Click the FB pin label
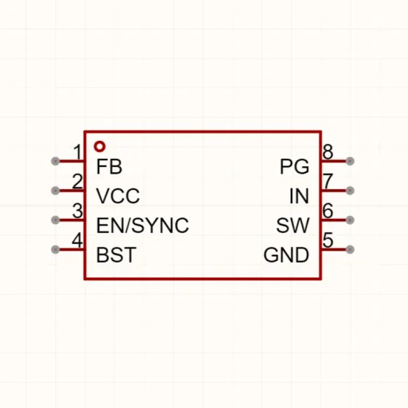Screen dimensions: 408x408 [109, 166]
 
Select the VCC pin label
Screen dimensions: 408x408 [118, 196]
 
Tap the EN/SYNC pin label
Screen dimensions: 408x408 [142, 226]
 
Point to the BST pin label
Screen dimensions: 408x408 [116, 254]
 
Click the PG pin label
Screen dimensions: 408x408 [295, 166]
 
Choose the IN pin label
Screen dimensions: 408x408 [299, 196]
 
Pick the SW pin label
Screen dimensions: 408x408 [293, 226]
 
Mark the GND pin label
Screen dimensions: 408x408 [286, 254]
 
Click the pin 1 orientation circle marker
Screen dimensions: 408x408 [99, 146]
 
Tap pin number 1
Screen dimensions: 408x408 [78, 152]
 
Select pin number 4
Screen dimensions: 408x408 [77, 240]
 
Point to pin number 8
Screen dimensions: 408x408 [328, 151]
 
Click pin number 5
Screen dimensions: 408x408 [328, 240]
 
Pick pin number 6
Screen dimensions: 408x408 [328, 211]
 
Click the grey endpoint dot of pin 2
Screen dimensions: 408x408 [55, 191]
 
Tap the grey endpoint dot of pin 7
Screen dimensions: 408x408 [350, 191]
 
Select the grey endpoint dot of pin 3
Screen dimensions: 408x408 [55, 220]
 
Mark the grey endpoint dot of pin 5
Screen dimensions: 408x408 [350, 249]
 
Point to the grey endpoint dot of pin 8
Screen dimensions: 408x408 [350, 161]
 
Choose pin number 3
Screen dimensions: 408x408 [78, 211]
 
